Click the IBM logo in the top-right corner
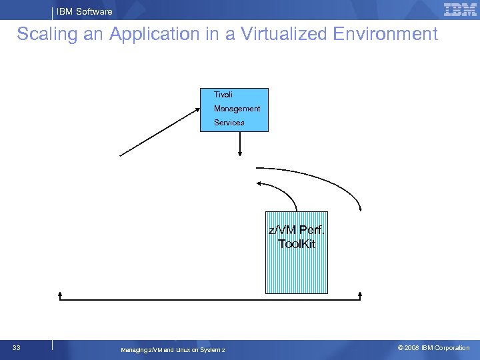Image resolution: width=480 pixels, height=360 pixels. click(x=460, y=9)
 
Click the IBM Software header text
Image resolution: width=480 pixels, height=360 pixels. click(x=84, y=11)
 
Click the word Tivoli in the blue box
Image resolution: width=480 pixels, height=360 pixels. click(x=223, y=95)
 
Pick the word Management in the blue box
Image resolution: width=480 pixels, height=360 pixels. click(x=237, y=109)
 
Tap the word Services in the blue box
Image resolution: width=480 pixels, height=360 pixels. click(x=229, y=123)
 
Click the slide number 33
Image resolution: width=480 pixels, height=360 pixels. click(x=16, y=348)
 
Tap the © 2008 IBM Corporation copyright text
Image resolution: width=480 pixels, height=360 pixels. click(x=433, y=348)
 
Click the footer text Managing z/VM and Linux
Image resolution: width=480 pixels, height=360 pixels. click(x=173, y=350)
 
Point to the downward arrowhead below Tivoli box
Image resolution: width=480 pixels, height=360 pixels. click(x=239, y=155)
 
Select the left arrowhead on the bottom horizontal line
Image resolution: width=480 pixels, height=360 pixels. click(x=60, y=294)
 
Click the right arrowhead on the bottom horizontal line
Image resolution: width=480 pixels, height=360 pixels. click(x=361, y=294)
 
